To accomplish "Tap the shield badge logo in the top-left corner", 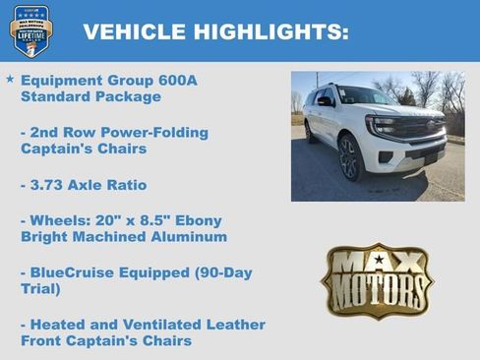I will [x=30, y=30].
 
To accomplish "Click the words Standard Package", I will [x=90, y=96].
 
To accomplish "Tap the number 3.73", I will [x=50, y=184].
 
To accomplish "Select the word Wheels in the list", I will [x=58, y=219].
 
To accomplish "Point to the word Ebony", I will [x=198, y=219].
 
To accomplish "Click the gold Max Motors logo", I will [x=377, y=282].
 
